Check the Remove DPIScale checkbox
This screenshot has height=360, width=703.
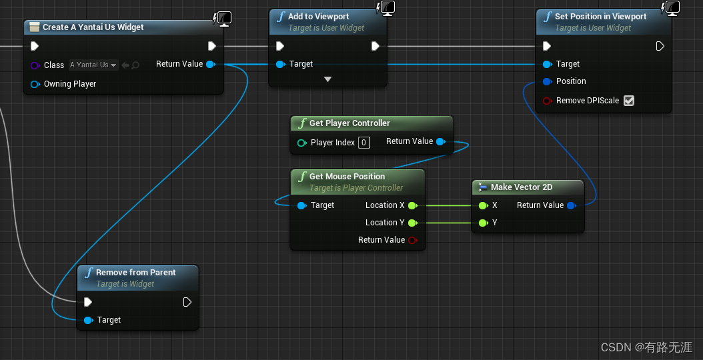click(x=628, y=101)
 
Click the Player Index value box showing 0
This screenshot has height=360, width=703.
click(x=364, y=142)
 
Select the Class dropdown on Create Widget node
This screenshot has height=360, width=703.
click(x=93, y=65)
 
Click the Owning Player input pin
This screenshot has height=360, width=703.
click(x=35, y=84)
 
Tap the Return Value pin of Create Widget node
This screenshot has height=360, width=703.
click(x=210, y=64)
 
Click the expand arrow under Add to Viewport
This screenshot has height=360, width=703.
click(x=327, y=79)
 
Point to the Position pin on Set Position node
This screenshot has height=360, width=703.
click(x=547, y=81)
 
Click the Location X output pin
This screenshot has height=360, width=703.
click(x=412, y=205)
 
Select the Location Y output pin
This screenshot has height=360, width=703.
click(x=412, y=223)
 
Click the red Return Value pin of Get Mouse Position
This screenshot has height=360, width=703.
click(x=412, y=240)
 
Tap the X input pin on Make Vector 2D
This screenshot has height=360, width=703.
click(x=483, y=205)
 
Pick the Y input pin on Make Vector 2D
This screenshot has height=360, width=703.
click(x=483, y=223)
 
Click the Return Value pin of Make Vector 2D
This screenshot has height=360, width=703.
click(x=571, y=205)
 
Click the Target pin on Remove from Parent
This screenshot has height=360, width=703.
click(x=89, y=320)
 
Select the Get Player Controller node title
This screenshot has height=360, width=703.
click(x=349, y=123)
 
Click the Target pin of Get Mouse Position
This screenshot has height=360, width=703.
click(x=301, y=205)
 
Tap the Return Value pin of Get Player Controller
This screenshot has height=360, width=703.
click(x=440, y=141)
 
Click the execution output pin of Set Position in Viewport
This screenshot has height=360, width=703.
click(x=660, y=46)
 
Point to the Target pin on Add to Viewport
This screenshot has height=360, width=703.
click(x=280, y=64)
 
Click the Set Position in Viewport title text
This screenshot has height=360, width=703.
click(x=600, y=16)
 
